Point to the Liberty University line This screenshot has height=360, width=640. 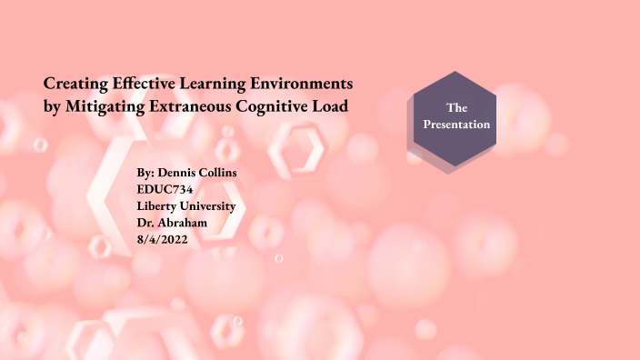(x=185, y=205)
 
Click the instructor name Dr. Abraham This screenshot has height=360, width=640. (x=172, y=222)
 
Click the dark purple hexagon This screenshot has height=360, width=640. (x=455, y=117)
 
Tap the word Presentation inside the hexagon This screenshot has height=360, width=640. (x=456, y=125)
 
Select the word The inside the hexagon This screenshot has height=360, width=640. (x=456, y=108)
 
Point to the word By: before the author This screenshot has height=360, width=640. (x=146, y=173)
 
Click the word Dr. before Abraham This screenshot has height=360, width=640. (x=145, y=222)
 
